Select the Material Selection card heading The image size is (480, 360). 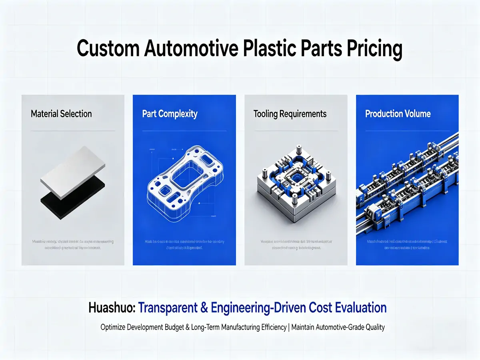point(61,114)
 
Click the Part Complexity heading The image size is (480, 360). point(170,114)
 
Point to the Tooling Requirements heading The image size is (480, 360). point(290,114)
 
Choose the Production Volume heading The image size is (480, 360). point(398,114)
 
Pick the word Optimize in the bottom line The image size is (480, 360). point(113,327)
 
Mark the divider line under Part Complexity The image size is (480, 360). point(184,131)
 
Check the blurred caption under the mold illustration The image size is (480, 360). point(296,244)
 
